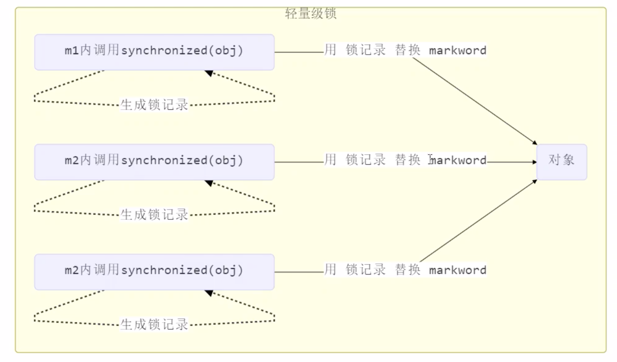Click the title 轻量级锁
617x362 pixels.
pos(311,14)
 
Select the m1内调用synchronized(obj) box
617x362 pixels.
pos(154,52)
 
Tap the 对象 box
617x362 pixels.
pos(561,162)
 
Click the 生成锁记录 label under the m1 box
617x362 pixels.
pos(154,105)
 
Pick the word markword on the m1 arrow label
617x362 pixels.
pos(457,50)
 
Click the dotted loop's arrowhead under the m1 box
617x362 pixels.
pos(209,73)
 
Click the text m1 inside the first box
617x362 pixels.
pos(72,51)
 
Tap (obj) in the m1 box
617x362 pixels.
pos(226,51)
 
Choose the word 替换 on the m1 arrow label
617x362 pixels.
pos(407,50)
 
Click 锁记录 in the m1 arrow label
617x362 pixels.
pos(365,50)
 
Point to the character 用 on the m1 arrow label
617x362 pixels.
pos(330,50)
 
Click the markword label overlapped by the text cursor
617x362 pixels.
pos(457,160)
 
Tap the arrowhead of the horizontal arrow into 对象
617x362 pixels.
pos(534,162)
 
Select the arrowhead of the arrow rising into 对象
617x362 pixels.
pos(535,181)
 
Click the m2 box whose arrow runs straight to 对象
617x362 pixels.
pos(154,162)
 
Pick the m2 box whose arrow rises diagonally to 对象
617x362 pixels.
pos(154,272)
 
